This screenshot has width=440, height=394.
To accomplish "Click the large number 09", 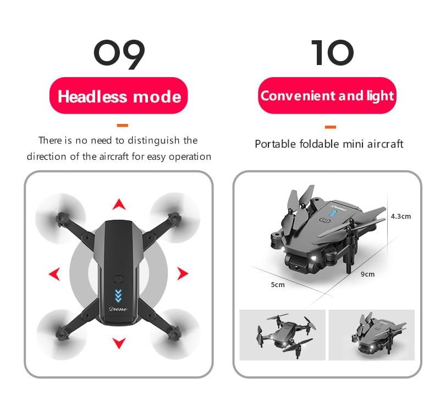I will click(x=119, y=53).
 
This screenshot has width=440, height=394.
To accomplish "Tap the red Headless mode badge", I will click(x=119, y=97).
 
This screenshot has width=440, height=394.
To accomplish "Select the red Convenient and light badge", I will click(x=327, y=96).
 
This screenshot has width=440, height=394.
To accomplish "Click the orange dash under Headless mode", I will click(x=123, y=125).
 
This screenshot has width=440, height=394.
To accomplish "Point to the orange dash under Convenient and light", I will click(x=330, y=127).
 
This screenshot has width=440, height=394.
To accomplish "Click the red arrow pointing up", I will click(x=119, y=205).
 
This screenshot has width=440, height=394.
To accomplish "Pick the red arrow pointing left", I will click(x=54, y=274).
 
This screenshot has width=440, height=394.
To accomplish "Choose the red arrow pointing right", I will click(x=183, y=273).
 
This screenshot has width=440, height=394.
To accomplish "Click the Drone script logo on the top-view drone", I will click(x=118, y=309).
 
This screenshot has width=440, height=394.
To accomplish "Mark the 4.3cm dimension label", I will click(x=400, y=216).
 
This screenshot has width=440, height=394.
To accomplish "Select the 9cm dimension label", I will click(x=367, y=274).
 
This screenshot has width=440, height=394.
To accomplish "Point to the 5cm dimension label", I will click(x=278, y=284).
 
